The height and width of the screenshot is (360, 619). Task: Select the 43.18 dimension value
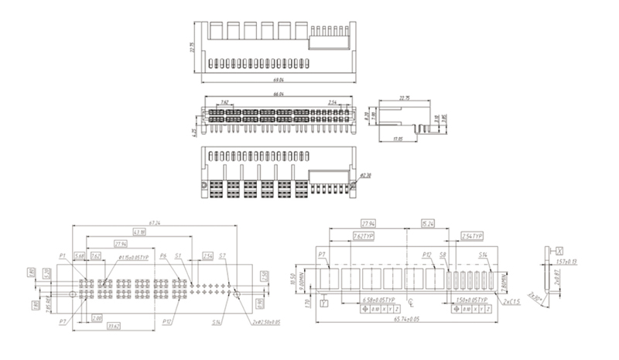(x=139, y=232)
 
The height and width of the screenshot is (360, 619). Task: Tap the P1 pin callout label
(x=62, y=255)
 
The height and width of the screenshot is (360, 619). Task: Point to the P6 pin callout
(x=163, y=255)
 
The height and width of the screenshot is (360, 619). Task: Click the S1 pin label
(x=179, y=255)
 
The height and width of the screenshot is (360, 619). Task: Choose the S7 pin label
(x=222, y=255)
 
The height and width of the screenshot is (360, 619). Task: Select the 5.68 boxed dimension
(x=79, y=255)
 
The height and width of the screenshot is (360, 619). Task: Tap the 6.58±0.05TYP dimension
(x=377, y=299)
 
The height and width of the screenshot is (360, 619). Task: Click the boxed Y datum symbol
(x=323, y=303)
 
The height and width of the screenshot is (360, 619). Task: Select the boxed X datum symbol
(x=559, y=250)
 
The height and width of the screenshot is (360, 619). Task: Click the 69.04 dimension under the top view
(x=279, y=80)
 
